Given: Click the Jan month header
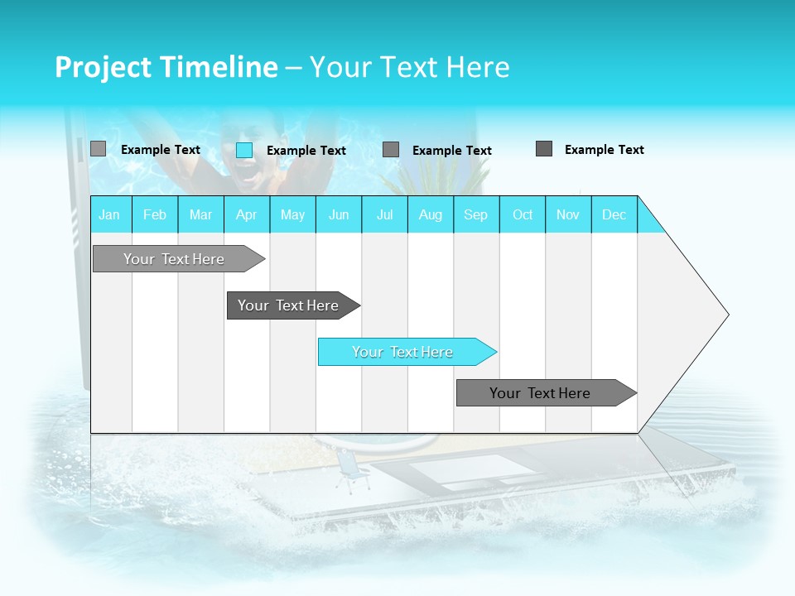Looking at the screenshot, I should pos(109,215).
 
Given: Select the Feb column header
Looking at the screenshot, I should pos(155,215).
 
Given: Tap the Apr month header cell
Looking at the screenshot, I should pos(247,215).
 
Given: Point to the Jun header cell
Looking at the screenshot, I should pos(339,215).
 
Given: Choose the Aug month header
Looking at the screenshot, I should pos(431,215).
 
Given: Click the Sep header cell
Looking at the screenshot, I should pos(476,215).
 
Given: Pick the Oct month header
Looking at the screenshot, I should pos(523,215).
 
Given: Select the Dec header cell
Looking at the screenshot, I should pos(614,215).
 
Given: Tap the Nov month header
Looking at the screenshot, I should pos(568,215).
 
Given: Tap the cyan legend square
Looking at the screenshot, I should pos(244,150).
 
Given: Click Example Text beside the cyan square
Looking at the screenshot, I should pos(306,151).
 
